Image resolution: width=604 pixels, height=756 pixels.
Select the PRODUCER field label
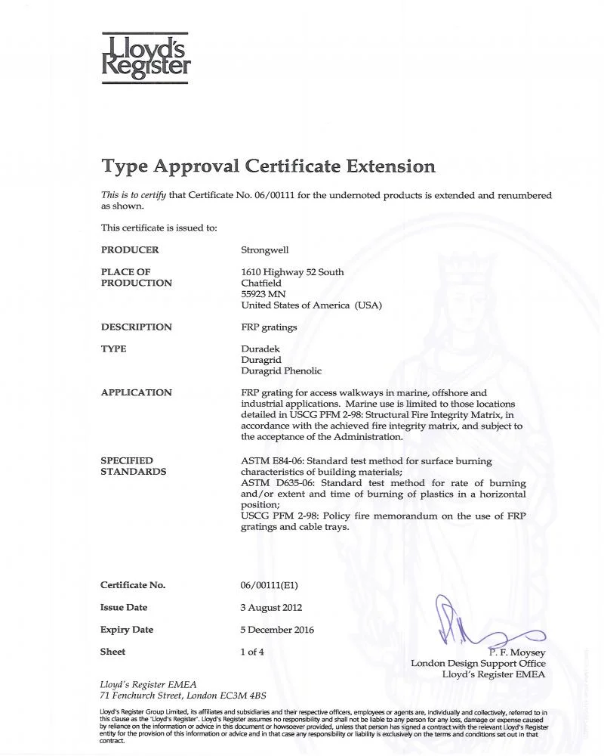click(x=130, y=250)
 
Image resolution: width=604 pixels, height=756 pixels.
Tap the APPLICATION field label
click(x=137, y=392)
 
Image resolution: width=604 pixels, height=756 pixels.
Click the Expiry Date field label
click(x=127, y=630)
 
